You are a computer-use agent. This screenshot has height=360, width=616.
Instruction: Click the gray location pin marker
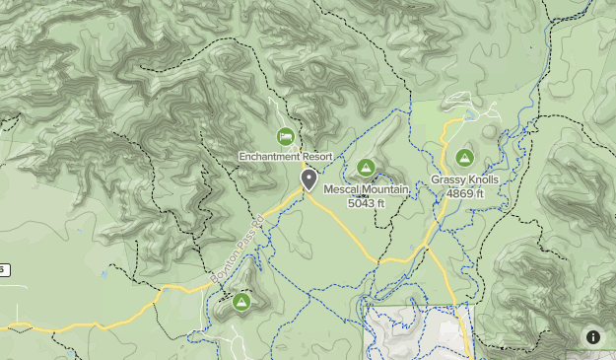pyautogui.click(x=308, y=180)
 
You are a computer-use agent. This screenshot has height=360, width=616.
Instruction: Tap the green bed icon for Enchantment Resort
pyautogui.click(x=285, y=136)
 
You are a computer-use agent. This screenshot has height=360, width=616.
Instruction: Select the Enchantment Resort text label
pyautogui.click(x=285, y=157)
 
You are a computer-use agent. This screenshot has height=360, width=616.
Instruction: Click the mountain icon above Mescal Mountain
pyautogui.click(x=367, y=168)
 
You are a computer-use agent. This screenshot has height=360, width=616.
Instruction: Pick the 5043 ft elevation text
pyautogui.click(x=368, y=202)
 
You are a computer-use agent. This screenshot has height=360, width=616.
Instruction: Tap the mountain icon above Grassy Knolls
pyautogui.click(x=464, y=158)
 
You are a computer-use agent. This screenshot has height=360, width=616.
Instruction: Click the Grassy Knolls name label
pyautogui.click(x=464, y=180)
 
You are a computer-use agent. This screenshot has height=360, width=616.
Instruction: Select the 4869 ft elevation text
pyautogui.click(x=464, y=193)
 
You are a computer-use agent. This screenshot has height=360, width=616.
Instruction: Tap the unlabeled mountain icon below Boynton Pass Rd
pyautogui.click(x=240, y=302)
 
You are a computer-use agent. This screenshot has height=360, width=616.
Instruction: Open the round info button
pyautogui.click(x=593, y=337)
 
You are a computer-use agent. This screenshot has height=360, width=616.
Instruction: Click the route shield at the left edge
pyautogui.click(x=3, y=269)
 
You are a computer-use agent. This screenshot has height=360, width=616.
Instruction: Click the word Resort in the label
pyautogui.click(x=315, y=157)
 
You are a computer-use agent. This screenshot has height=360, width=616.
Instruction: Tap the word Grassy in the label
pyautogui.click(x=447, y=180)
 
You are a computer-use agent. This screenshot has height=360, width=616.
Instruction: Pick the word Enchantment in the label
pyautogui.click(x=268, y=157)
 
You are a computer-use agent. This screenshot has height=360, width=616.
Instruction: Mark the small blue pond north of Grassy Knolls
pyautogui.click(x=490, y=129)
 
